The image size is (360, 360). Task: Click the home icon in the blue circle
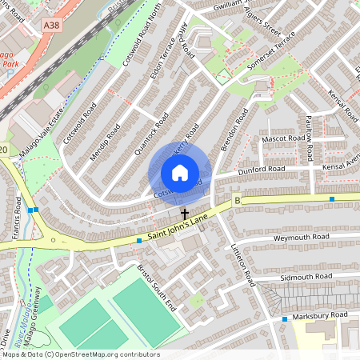point(180,173)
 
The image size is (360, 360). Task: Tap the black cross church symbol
point(185,214)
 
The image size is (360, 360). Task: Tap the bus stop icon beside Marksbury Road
point(284,319)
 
